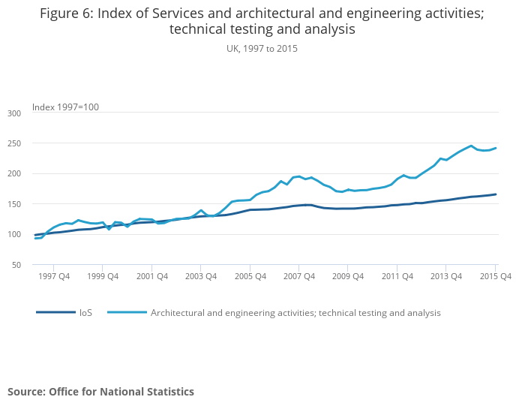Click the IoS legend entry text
click(x=85, y=313)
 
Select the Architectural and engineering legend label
click(x=295, y=313)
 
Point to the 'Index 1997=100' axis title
click(x=65, y=107)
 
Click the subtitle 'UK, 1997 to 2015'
click(x=262, y=49)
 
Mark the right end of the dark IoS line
click(x=496, y=194)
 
